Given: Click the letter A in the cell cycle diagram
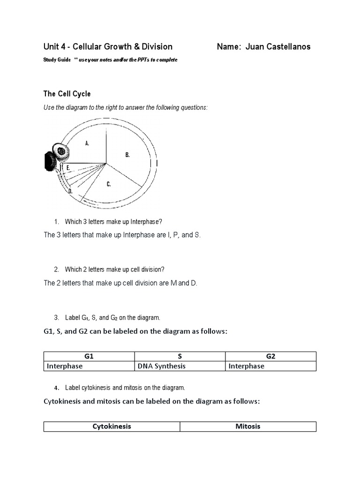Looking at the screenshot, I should pyautogui.click(x=87, y=143).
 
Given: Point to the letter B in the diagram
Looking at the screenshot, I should pyautogui.click(x=127, y=155).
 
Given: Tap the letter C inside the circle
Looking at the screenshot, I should pyautogui.click(x=108, y=184).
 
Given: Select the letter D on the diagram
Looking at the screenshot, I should pyautogui.click(x=70, y=191).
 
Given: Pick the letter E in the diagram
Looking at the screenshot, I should pyautogui.click(x=68, y=167).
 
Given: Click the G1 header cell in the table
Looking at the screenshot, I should pyautogui.click(x=89, y=356).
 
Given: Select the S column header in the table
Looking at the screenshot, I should pyautogui.click(x=180, y=356).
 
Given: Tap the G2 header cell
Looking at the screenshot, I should pyautogui.click(x=270, y=356).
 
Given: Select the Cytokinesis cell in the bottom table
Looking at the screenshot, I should pyautogui.click(x=112, y=427).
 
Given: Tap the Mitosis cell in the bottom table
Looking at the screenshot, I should pyautogui.click(x=248, y=427).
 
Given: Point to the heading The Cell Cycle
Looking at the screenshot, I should pyautogui.click(x=67, y=94).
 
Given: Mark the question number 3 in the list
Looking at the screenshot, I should pyautogui.click(x=56, y=317).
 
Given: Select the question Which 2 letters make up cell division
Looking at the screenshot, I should pyautogui.click(x=115, y=270).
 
